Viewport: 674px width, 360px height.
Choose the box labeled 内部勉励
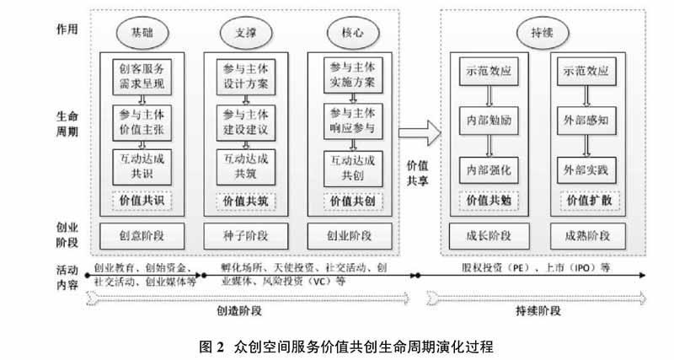[488, 121]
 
